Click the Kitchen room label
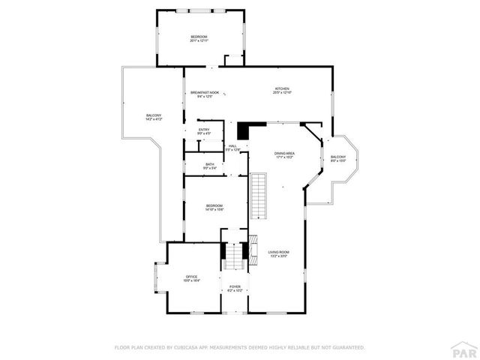pos(281,90)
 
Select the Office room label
pos(191,278)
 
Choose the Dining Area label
pos(284,154)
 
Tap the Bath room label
pos(210,166)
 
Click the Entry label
pos(204,131)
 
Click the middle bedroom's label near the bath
pos(214,207)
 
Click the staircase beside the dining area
pos(258,194)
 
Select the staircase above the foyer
pos(235,257)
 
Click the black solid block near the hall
pos(256,130)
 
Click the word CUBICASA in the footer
pos(190,347)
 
